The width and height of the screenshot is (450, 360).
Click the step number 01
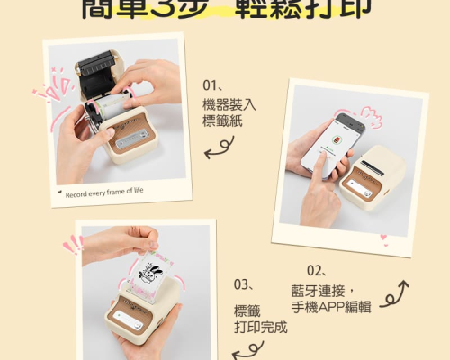click(213, 87)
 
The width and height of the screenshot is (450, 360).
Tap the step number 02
click(316, 269)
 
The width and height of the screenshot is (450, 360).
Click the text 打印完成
click(260, 326)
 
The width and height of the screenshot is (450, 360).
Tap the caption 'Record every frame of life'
click(104, 191)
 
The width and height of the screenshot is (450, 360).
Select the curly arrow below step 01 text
click(214, 153)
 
